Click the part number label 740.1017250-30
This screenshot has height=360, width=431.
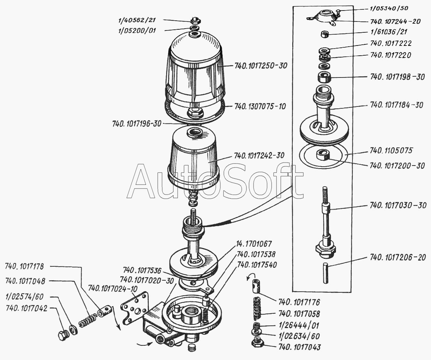pyautogui.click(x=260, y=65)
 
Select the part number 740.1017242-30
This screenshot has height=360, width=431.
pyautogui.click(x=259, y=155)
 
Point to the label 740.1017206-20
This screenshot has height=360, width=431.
pyautogui.click(x=398, y=258)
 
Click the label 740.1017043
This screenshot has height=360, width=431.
pyautogui.click(x=299, y=347)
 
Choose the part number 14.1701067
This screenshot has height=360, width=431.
pyautogui.click(x=254, y=244)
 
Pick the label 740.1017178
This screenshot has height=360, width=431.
pyautogui.click(x=25, y=267)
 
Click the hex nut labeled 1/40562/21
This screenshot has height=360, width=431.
pyautogui.click(x=195, y=20)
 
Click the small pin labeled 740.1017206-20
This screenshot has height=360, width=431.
pyautogui.click(x=326, y=273)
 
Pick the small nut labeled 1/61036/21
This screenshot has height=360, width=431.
pyautogui.click(x=324, y=34)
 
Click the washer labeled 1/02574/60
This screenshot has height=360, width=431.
pyautogui.click(x=74, y=330)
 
